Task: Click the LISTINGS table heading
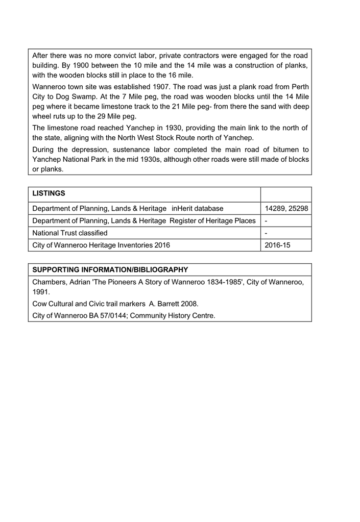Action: point(49,194)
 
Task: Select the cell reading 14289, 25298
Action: point(286,208)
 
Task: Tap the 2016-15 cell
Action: point(278,245)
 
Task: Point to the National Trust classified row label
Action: point(70,233)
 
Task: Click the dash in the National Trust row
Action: point(267,233)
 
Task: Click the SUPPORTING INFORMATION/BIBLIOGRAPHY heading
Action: point(110,269)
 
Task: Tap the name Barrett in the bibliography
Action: point(170,304)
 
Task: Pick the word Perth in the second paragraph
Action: point(299,86)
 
